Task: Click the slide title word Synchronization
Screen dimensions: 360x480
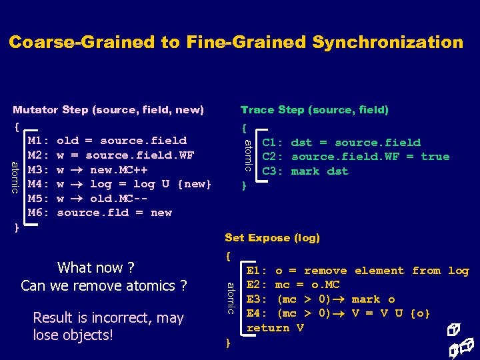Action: tap(387, 43)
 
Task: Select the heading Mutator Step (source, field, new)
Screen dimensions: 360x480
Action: tap(109, 110)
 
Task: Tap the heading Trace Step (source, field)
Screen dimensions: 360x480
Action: tap(314, 110)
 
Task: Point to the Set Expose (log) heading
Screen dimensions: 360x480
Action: tap(272, 238)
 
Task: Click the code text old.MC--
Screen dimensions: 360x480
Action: tap(119, 199)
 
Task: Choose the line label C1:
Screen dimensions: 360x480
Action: tap(273, 143)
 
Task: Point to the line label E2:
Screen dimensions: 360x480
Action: tap(257, 285)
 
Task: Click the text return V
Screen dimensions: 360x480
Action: tap(275, 328)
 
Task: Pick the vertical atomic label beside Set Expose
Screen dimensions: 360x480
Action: tap(230, 297)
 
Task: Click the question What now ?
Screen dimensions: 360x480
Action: tap(96, 268)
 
